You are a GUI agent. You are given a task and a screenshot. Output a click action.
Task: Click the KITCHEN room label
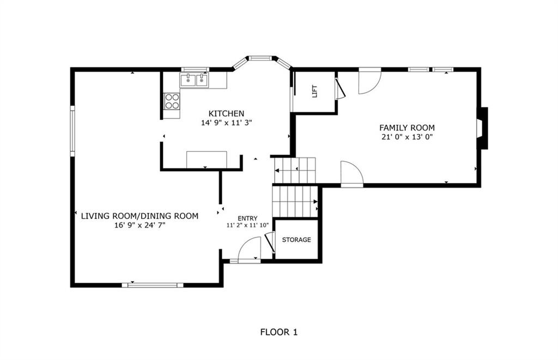point(226,113)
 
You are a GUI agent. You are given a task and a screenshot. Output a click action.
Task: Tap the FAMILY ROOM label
point(407,127)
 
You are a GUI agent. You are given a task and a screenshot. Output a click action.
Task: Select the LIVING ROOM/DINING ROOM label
point(139,216)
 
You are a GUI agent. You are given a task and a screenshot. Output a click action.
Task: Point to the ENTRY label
point(247,218)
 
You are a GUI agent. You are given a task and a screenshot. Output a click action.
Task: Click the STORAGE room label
point(296,240)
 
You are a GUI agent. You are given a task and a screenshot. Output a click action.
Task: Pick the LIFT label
point(314,91)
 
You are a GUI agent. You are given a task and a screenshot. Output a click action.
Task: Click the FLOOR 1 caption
point(278,332)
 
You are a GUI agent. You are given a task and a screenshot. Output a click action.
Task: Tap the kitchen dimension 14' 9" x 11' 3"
point(226,123)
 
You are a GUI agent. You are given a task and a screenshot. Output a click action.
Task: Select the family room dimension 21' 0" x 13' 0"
point(407,137)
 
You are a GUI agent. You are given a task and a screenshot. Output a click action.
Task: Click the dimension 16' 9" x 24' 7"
point(139,225)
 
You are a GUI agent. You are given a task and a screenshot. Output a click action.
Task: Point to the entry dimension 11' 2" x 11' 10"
point(247,225)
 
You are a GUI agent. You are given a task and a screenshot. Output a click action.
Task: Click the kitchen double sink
point(194,80)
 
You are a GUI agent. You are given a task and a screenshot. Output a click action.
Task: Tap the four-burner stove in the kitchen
point(172,101)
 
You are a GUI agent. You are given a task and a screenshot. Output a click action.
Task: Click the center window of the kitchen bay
point(260,58)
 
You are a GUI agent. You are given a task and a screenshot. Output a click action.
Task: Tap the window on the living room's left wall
point(72,131)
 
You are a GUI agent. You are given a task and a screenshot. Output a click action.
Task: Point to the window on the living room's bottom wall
point(153,285)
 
